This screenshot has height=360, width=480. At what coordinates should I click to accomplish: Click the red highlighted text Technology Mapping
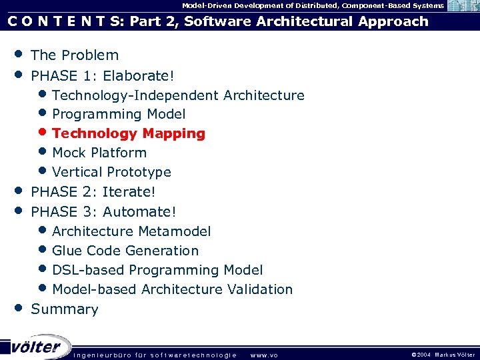pyautogui.click(x=128, y=133)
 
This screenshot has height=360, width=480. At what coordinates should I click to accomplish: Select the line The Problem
pyautogui.click(x=75, y=55)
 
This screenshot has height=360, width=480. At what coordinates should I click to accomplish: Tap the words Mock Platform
pyautogui.click(x=99, y=153)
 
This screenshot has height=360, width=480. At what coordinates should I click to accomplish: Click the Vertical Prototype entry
pyautogui.click(x=111, y=172)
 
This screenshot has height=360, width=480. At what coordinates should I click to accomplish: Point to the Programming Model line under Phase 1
pyautogui.click(x=119, y=114)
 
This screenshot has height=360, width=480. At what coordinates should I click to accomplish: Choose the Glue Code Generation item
pyautogui.click(x=125, y=251)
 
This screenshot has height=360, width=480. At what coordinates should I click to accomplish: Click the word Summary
pyautogui.click(x=65, y=309)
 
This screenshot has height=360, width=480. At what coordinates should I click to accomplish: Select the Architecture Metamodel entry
pyautogui.click(x=131, y=231)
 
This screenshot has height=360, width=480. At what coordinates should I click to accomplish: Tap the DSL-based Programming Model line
pyautogui.click(x=157, y=270)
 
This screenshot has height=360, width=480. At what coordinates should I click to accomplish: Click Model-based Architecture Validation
pyautogui.click(x=172, y=289)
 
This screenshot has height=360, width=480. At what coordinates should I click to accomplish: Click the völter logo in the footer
pyautogui.click(x=35, y=347)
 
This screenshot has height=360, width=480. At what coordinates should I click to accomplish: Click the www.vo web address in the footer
pyautogui.click(x=263, y=355)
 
